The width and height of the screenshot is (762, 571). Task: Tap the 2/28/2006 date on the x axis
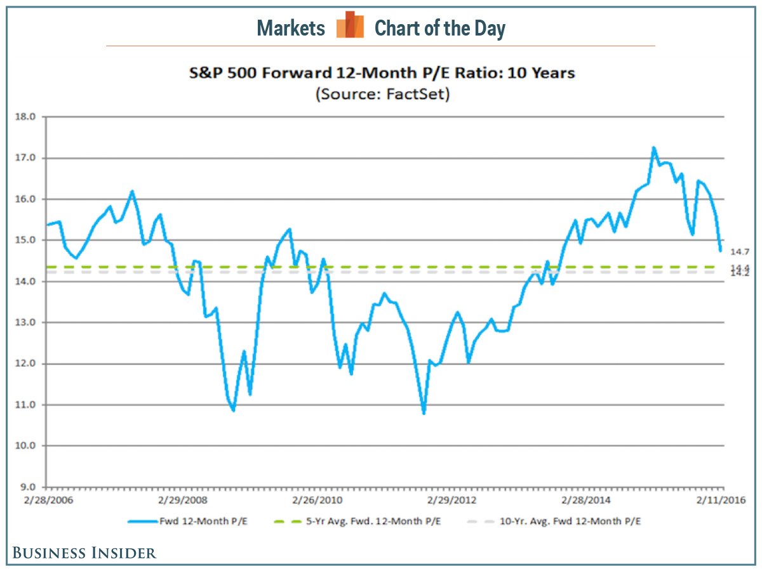[48, 500]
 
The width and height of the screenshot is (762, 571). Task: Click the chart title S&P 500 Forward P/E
[381, 73]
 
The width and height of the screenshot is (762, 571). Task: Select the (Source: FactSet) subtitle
[381, 94]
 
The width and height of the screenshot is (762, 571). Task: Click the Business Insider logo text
[84, 553]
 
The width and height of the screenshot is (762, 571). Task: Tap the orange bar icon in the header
[350, 25]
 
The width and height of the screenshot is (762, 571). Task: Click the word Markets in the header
[291, 29]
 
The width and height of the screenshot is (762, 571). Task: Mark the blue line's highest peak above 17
[653, 148]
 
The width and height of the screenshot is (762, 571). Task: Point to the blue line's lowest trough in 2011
[424, 413]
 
